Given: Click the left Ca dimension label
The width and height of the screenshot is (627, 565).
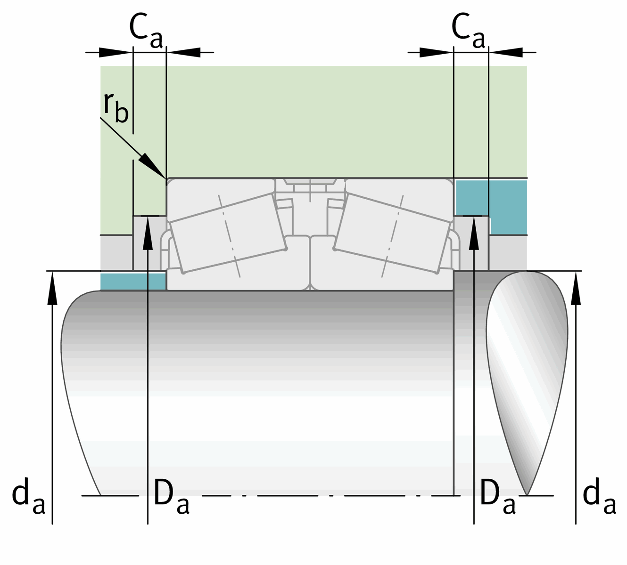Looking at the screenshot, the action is (x=146, y=31).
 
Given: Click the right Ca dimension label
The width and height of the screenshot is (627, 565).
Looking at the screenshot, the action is (x=468, y=31).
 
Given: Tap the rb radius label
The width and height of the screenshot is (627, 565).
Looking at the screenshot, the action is (x=115, y=107).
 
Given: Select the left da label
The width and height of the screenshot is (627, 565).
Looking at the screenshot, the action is (x=29, y=496).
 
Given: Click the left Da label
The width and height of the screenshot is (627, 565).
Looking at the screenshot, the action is (x=172, y=497).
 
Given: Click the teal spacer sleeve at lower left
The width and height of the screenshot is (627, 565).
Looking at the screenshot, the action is (x=133, y=281).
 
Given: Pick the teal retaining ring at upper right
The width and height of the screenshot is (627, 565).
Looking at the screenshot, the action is (x=491, y=206).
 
